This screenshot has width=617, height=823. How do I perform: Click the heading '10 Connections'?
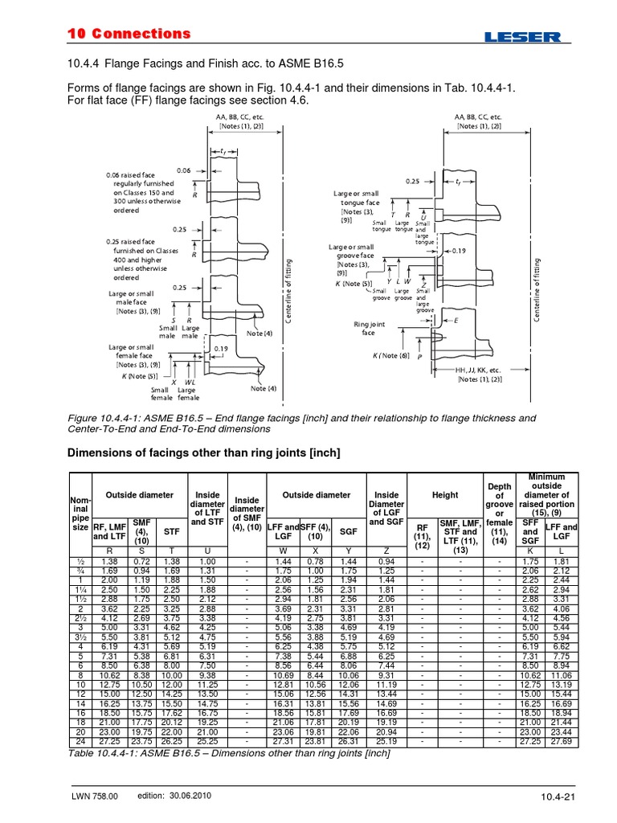[127, 34]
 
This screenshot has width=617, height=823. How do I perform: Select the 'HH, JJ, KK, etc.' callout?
[480, 371]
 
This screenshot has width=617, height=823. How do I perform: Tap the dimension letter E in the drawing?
[456, 320]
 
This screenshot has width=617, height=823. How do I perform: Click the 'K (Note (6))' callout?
[391, 355]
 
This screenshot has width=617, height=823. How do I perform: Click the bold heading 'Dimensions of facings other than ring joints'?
[202, 453]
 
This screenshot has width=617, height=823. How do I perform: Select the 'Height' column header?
[445, 495]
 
